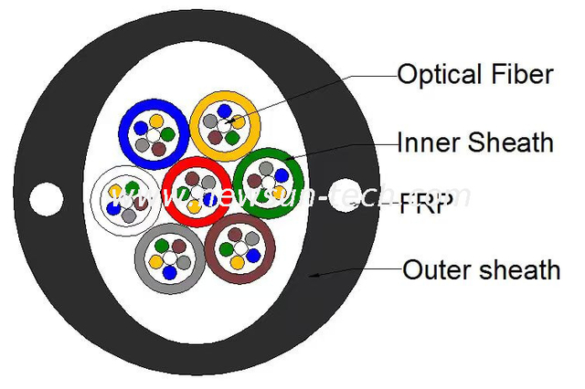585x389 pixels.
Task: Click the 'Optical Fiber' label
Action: (x=474, y=74)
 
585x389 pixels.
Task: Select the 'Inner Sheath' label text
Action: (x=475, y=142)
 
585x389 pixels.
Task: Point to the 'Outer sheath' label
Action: (x=481, y=269)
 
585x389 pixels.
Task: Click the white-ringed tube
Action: (x=99, y=196)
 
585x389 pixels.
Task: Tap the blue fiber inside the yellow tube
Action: (x=223, y=110)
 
